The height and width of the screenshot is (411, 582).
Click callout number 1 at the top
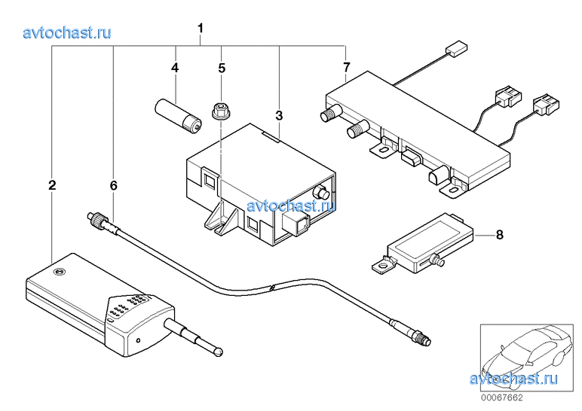(x=201, y=29)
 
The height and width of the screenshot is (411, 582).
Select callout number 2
(x=51, y=184)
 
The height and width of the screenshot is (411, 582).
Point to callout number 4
(x=175, y=68)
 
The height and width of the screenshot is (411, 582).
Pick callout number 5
(x=222, y=68)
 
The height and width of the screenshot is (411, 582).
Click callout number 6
(x=113, y=184)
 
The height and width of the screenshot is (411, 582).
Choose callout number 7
(x=346, y=68)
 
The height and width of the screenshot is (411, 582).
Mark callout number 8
(x=499, y=233)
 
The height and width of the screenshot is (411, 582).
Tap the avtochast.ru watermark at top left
(x=67, y=32)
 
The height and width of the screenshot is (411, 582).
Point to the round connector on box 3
(x=323, y=193)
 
